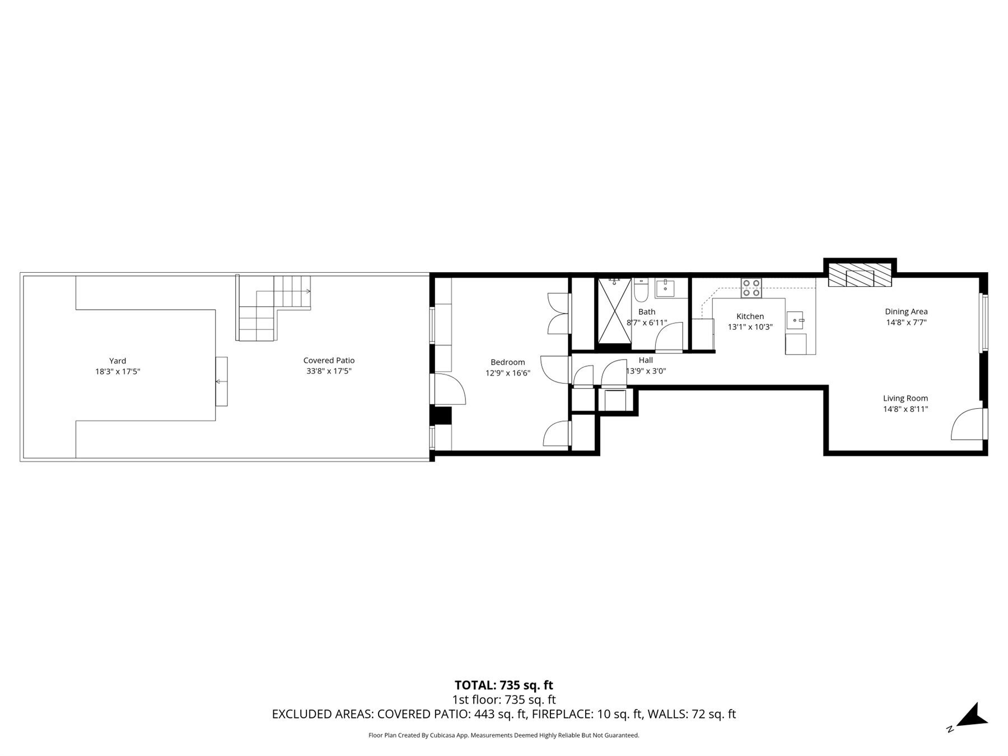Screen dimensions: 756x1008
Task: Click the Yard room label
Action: pyautogui.click(x=118, y=361)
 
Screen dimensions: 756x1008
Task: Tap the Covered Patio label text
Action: pyautogui.click(x=329, y=361)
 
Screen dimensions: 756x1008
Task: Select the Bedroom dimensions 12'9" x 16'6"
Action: pyautogui.click(x=507, y=373)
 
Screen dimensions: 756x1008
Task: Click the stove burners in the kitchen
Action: pyautogui.click(x=751, y=287)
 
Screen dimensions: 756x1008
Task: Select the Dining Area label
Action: pyautogui.click(x=906, y=311)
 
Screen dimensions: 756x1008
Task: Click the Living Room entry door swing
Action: pyautogui.click(x=968, y=424)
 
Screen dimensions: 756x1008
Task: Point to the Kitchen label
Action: pyautogui.click(x=750, y=316)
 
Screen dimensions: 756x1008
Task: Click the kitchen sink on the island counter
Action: pyautogui.click(x=795, y=320)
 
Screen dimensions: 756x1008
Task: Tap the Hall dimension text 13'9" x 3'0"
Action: pyautogui.click(x=646, y=371)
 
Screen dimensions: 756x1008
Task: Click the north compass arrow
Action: pyautogui.click(x=971, y=717)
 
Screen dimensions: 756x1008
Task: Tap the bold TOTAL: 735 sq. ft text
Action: pyautogui.click(x=503, y=685)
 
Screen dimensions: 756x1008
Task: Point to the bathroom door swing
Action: pyautogui.click(x=670, y=336)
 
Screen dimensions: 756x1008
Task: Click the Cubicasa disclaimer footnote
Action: pyautogui.click(x=503, y=735)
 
